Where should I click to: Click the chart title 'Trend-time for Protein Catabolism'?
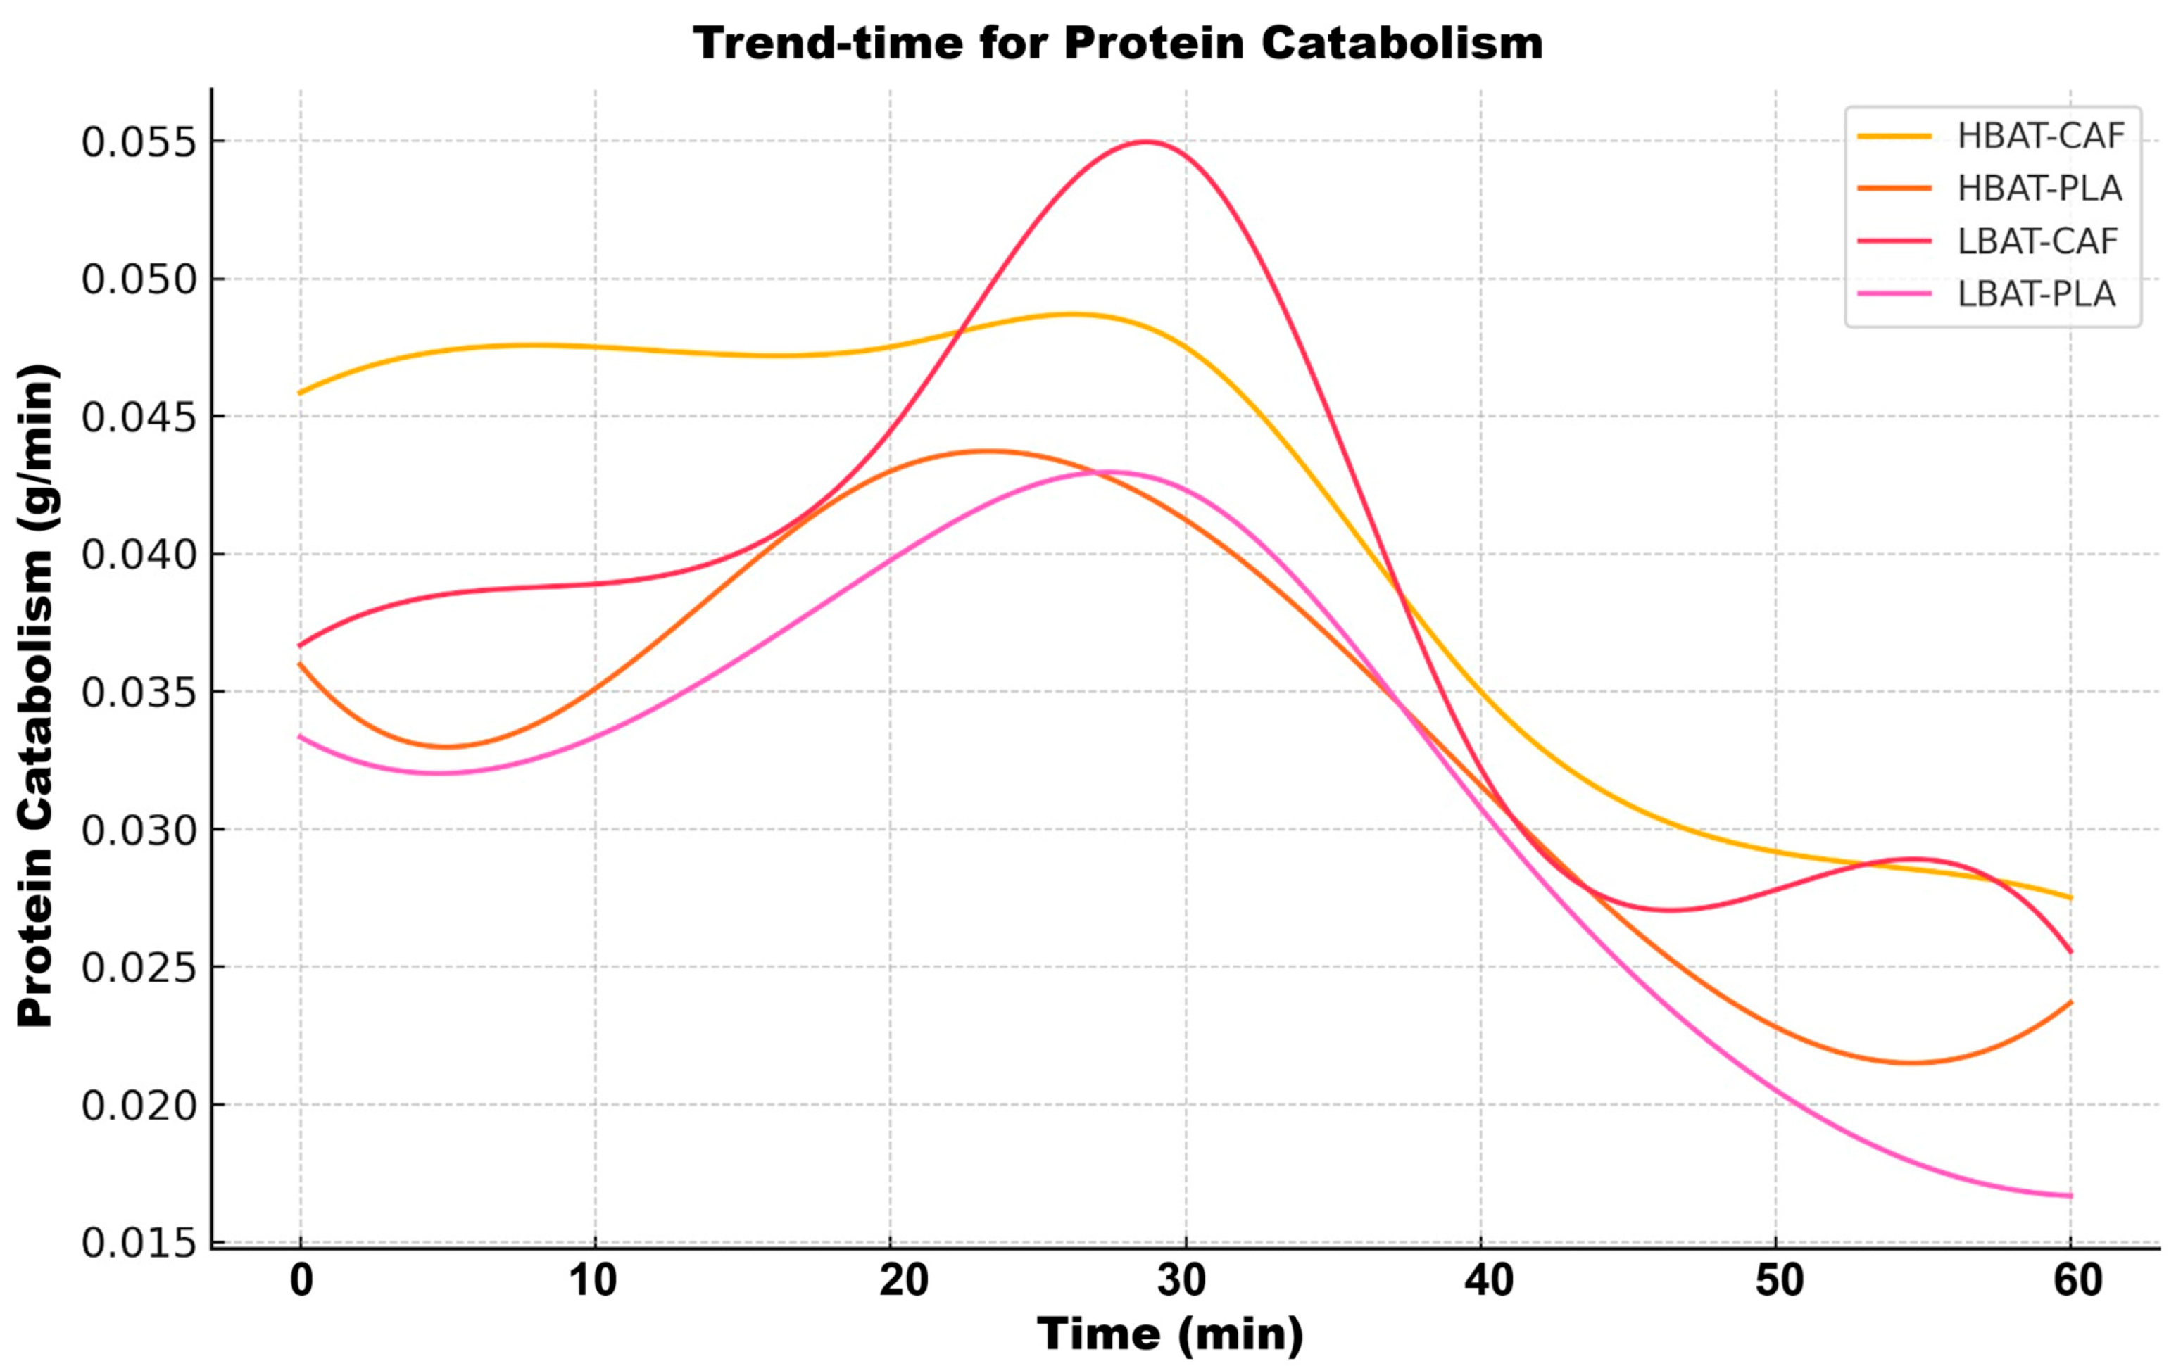coord(1118,44)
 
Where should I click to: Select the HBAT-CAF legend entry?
coord(2039,136)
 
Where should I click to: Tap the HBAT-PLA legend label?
coord(2039,188)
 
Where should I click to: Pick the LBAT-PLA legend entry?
coord(2036,293)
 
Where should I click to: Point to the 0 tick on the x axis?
coord(301,1280)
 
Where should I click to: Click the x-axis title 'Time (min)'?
coord(1170,1334)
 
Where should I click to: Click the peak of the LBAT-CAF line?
coord(1146,141)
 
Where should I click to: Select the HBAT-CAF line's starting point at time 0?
coord(301,393)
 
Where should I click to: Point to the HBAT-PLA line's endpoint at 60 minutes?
coord(2070,1002)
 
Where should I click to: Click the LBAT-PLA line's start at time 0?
coord(301,736)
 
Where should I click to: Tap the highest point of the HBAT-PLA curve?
coord(987,451)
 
